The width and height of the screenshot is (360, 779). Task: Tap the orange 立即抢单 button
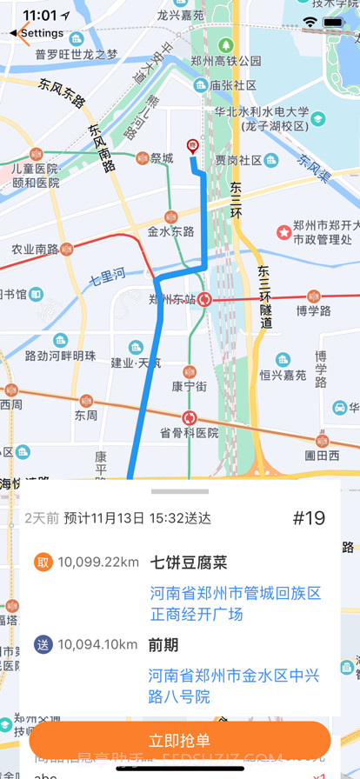pyautogui.click(x=180, y=740)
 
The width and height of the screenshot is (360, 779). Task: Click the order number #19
pyautogui.click(x=309, y=518)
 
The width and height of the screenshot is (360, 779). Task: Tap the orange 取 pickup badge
pyautogui.click(x=43, y=563)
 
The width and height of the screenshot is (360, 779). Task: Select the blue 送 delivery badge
pyautogui.click(x=43, y=644)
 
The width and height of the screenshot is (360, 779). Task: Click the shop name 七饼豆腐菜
pyautogui.click(x=189, y=563)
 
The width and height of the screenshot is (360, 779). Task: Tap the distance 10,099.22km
pyautogui.click(x=98, y=563)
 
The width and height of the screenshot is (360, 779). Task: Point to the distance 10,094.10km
pyautogui.click(x=97, y=644)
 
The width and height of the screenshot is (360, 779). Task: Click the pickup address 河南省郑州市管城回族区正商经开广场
pyautogui.click(x=235, y=603)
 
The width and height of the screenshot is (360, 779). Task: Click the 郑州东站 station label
pyautogui.click(x=171, y=300)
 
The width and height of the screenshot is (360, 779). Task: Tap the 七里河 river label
pyautogui.click(x=109, y=280)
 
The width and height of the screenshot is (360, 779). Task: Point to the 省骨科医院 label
pyautogui.click(x=189, y=433)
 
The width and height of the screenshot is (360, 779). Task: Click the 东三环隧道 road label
pyautogui.click(x=265, y=296)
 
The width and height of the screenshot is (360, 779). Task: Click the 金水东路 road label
pyautogui.click(x=170, y=232)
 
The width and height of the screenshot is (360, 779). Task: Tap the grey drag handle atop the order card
pyautogui.click(x=180, y=492)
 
